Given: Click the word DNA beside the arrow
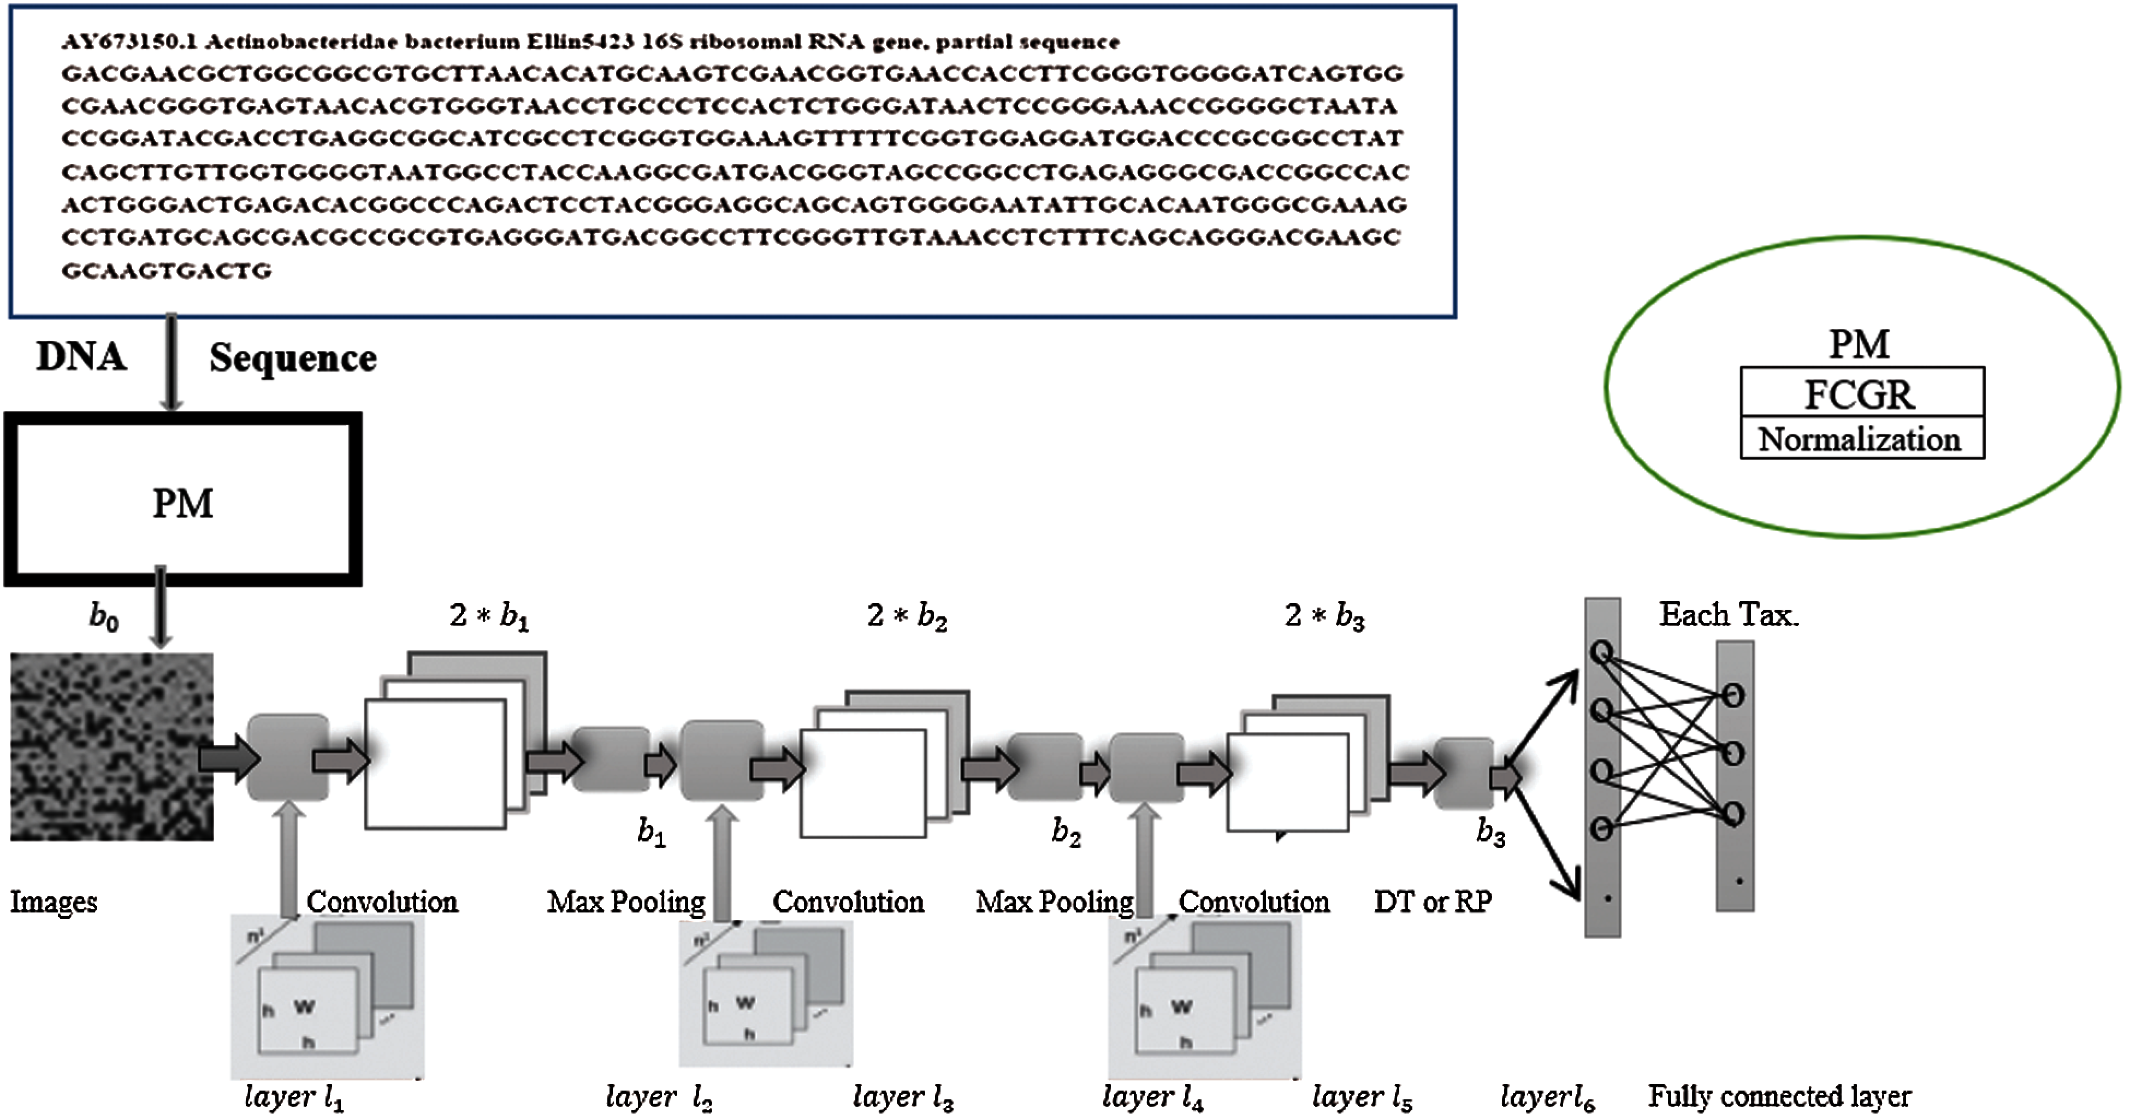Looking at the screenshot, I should pyautogui.click(x=81, y=357).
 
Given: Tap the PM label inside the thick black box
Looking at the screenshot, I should pyautogui.click(x=183, y=503).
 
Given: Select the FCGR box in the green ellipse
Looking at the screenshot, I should pyautogui.click(x=1860, y=394).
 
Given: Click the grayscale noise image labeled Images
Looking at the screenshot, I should pyautogui.click(x=111, y=746).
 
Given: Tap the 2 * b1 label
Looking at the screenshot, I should pyautogui.click(x=489, y=616).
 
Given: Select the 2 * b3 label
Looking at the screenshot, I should pyautogui.click(x=1324, y=616).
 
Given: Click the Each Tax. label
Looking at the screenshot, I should pyautogui.click(x=1728, y=615).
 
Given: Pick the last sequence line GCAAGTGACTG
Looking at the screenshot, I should pyautogui.click(x=166, y=271).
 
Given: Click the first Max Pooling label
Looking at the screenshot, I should pyautogui.click(x=626, y=902).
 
